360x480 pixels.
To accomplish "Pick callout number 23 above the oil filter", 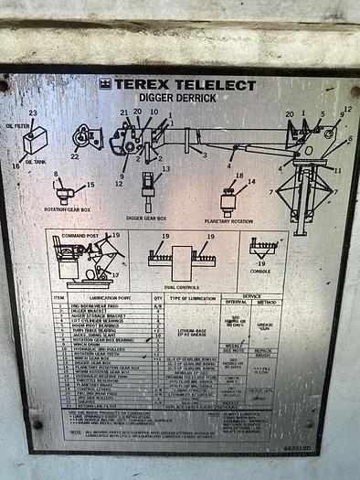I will coord(33,113).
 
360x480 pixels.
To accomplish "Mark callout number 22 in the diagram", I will coord(75,155).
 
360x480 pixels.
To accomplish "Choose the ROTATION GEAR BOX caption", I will coord(66,208).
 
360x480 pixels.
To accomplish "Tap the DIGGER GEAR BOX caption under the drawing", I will coord(147,219).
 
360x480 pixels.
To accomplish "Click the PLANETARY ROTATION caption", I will coord(230,220).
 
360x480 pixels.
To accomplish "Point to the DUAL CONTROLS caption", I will coord(182,288).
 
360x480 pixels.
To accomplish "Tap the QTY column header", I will coord(157,298).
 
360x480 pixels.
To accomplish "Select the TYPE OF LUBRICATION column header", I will coord(192,298).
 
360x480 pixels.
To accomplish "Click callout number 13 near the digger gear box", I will coord(165,169).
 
